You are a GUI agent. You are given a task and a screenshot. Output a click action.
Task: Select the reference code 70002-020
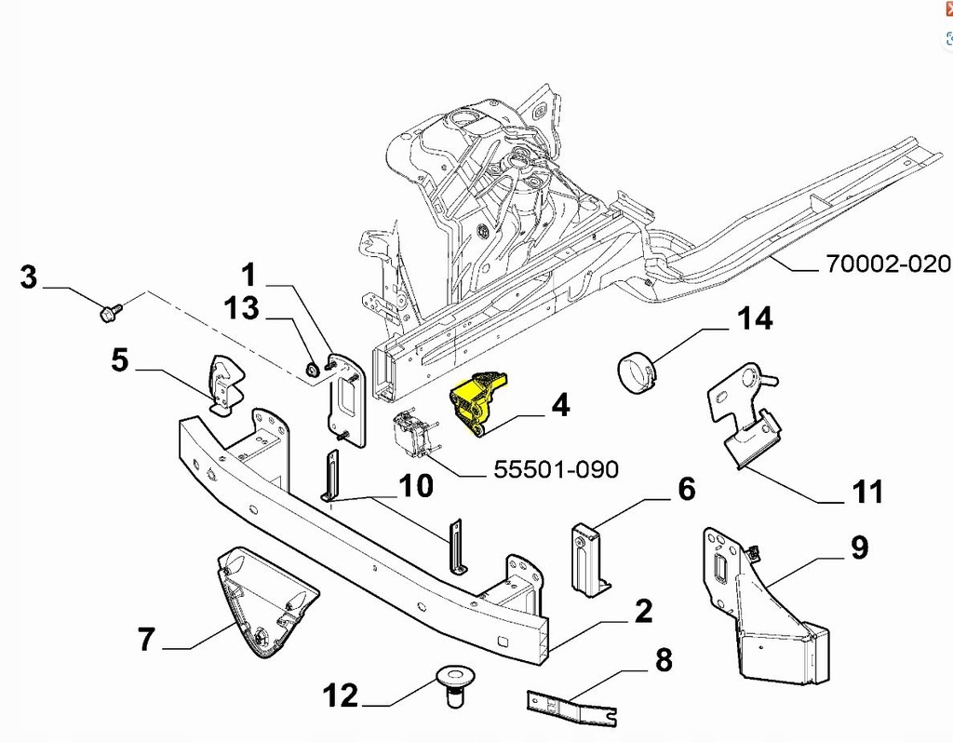888,264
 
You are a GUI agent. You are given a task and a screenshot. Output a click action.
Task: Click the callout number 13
241,308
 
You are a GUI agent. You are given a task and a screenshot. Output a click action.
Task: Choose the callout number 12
340,695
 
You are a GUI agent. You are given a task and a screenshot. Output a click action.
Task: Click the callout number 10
417,485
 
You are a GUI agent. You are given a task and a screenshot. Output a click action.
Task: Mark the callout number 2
642,612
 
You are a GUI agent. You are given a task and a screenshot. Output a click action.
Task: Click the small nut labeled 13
313,370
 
